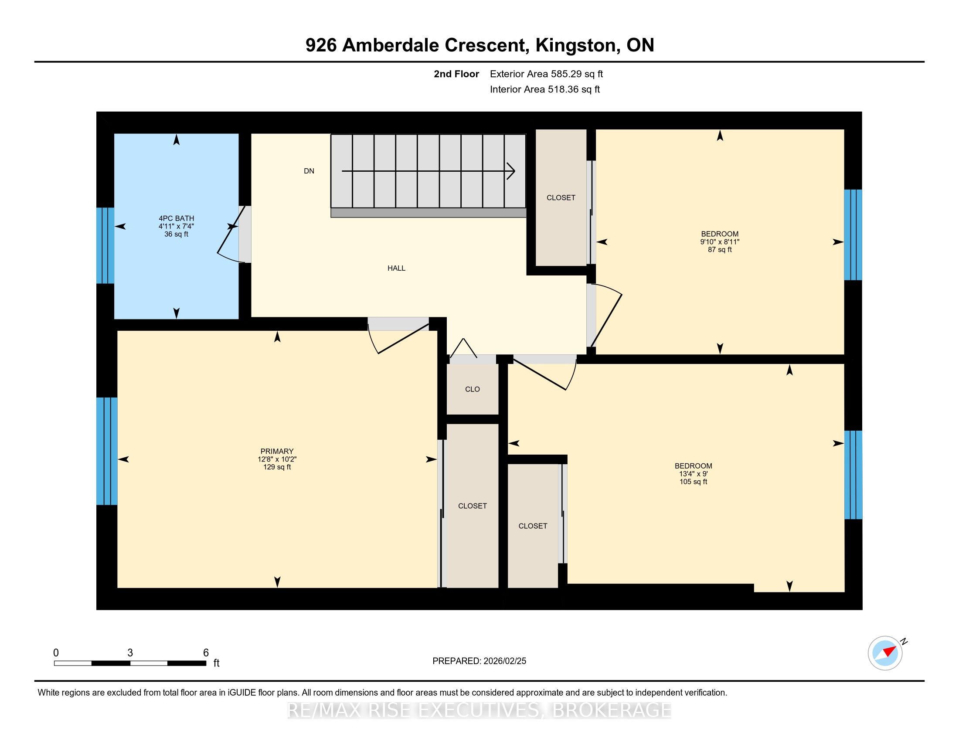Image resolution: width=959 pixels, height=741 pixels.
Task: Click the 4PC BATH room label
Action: click(x=176, y=218)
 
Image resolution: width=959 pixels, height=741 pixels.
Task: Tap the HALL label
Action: click(x=396, y=268)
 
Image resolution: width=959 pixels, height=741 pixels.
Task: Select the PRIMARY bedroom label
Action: click(x=277, y=451)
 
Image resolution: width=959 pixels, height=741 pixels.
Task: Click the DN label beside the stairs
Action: click(x=309, y=171)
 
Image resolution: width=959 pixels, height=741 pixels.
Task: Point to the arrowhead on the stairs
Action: click(x=511, y=171)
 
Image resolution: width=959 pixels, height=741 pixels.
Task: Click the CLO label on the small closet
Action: click(x=473, y=389)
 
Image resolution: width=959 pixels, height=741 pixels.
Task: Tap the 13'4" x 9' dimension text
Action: click(x=694, y=474)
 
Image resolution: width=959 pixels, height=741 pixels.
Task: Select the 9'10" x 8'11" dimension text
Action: click(x=720, y=242)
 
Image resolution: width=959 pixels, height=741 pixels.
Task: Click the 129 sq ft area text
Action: click(x=277, y=467)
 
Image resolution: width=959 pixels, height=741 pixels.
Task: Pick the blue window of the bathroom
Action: click(x=105, y=245)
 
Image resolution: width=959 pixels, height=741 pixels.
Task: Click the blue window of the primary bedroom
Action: click(x=107, y=451)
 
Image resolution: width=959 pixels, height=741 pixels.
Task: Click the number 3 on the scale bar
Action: click(x=130, y=653)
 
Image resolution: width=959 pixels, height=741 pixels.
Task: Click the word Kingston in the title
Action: click(x=575, y=45)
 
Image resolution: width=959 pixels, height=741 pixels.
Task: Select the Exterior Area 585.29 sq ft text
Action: click(x=546, y=74)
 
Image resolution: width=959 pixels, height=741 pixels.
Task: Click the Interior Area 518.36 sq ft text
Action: click(x=545, y=89)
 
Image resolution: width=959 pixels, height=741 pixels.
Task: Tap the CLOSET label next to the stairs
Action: click(x=561, y=198)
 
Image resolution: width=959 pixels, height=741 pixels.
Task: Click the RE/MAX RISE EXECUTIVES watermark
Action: click(x=479, y=711)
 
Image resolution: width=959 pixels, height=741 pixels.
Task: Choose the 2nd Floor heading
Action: click(x=456, y=74)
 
